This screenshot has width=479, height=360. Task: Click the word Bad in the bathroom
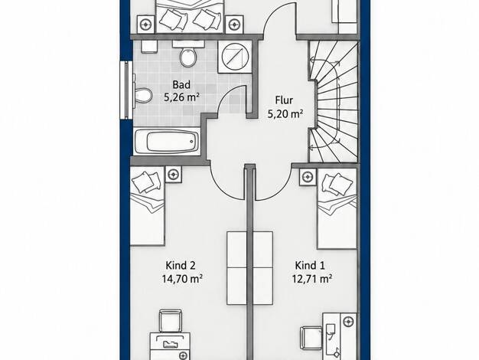[181, 84]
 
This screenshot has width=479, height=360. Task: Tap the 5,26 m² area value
[182, 97]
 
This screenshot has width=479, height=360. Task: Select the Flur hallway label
[284, 100]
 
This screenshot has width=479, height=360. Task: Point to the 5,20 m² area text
[285, 114]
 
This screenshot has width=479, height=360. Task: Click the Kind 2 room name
[181, 265]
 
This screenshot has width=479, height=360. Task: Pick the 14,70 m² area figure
[182, 279]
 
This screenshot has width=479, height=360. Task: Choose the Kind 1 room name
[310, 265]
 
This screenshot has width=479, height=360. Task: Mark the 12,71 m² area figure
[312, 279]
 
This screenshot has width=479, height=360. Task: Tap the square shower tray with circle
[235, 57]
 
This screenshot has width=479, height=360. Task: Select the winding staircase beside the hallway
[334, 102]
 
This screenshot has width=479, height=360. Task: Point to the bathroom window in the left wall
[126, 90]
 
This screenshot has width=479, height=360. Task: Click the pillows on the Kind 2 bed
[146, 182]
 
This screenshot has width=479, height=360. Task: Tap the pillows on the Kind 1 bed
[337, 184]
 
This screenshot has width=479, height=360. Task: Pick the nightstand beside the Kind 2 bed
[174, 175]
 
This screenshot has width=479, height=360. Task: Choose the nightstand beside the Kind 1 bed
[308, 176]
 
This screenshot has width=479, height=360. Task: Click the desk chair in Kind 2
[171, 321]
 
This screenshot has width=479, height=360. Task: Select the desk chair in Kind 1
[311, 338]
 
